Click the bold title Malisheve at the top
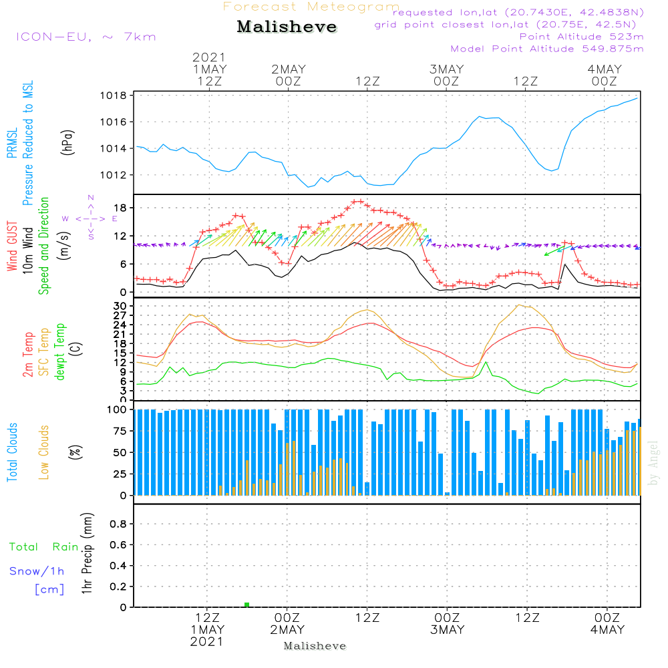[x=287, y=27]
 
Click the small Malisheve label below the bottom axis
[x=315, y=646]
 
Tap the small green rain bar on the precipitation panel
[x=246, y=605]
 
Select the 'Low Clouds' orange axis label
[x=45, y=451]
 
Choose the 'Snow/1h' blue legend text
[x=37, y=571]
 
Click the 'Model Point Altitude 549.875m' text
[x=547, y=49]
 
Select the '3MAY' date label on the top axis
[x=446, y=69]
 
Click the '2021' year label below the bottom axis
[x=207, y=642]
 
